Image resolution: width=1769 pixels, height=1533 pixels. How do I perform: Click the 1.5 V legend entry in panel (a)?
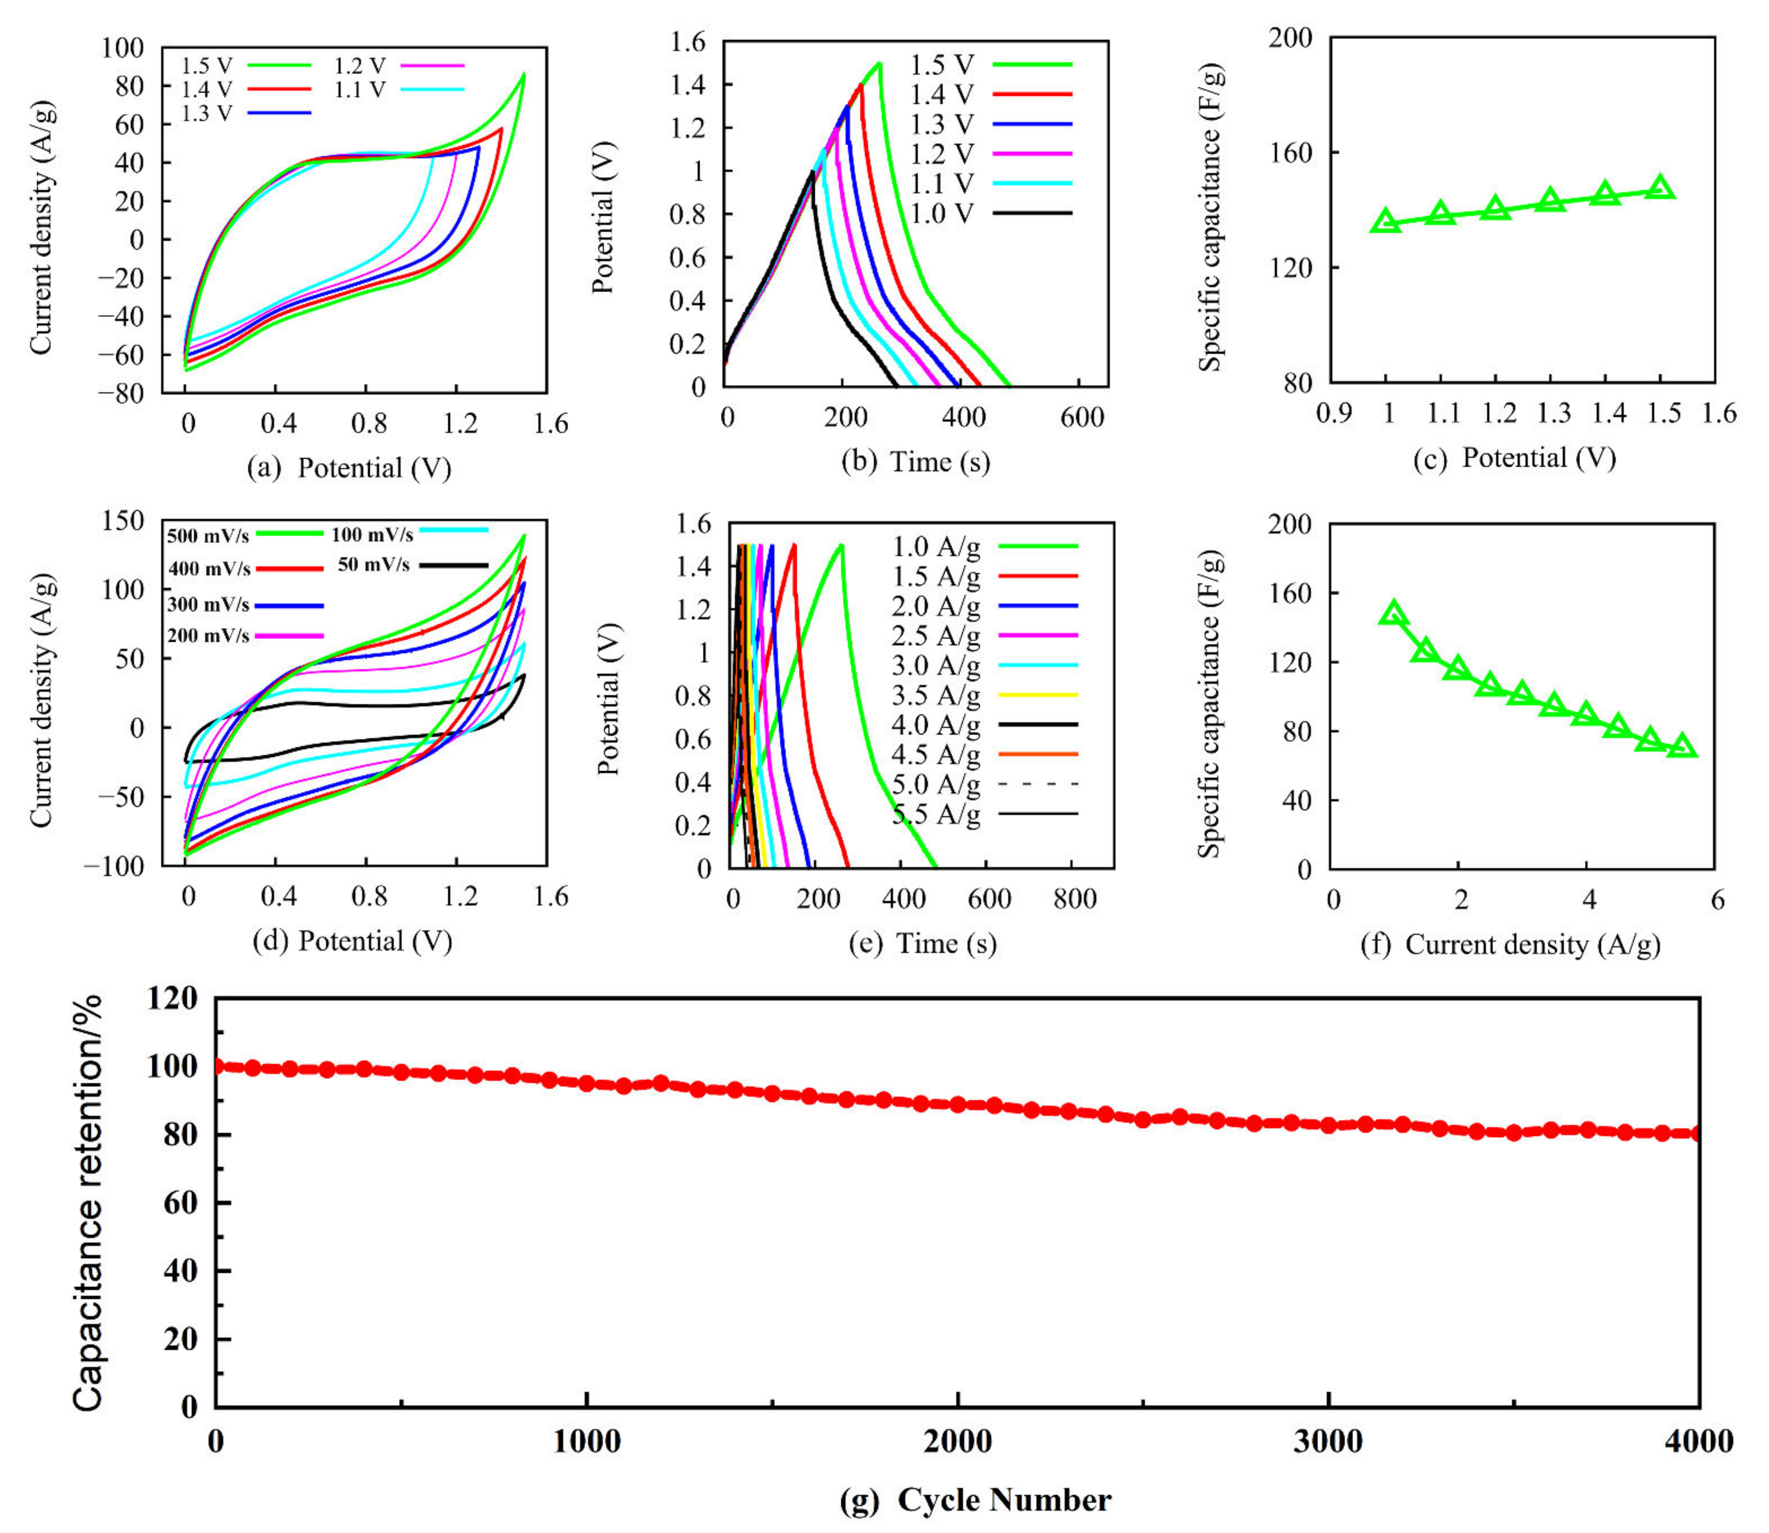click(x=244, y=65)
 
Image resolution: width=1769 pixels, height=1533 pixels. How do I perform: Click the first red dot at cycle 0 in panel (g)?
click(x=216, y=1066)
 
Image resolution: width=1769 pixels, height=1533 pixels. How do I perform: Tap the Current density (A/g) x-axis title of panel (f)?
click(x=1532, y=945)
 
